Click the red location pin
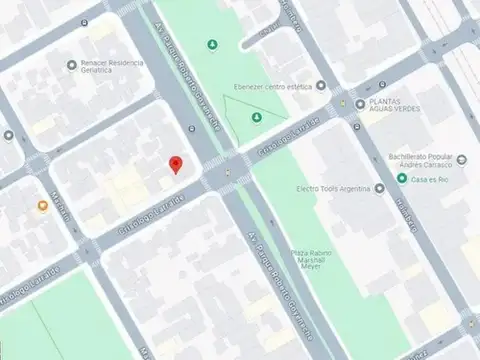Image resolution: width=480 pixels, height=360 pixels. coord(176,165)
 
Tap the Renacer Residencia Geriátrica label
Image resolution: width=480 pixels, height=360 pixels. coord(112,66)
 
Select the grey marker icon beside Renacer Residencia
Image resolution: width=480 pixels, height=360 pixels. coord(71,66)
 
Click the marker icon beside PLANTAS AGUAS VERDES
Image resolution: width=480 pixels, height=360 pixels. coord(360,104)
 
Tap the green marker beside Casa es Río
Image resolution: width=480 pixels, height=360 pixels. coord(402,179)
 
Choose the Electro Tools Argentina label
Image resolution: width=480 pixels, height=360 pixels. coord(334,188)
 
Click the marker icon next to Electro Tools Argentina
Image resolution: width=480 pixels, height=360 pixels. coord(381,188)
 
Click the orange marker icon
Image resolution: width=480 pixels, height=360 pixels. coord(43,206)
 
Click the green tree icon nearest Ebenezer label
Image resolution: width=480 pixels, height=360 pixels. coord(257,118)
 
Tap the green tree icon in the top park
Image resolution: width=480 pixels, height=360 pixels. coord(212,45)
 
